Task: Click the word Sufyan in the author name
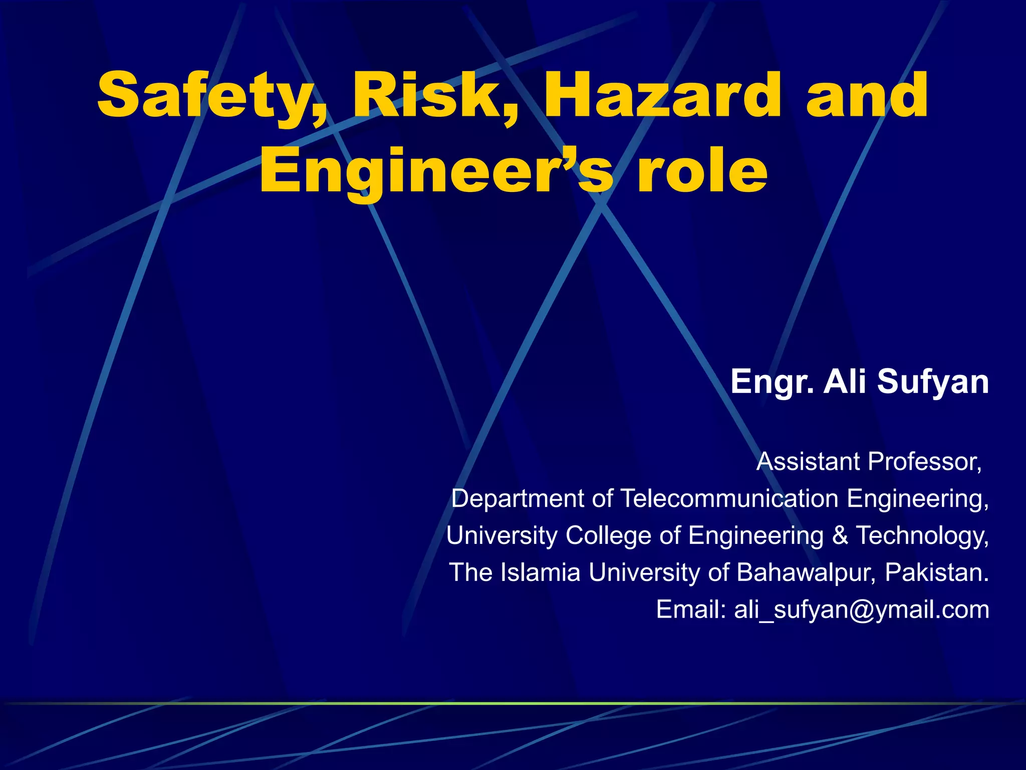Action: point(933,382)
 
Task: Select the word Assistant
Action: point(808,462)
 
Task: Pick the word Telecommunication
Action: point(729,499)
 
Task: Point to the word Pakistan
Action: point(937,572)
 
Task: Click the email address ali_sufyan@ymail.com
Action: point(861,610)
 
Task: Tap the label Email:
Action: point(691,610)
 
